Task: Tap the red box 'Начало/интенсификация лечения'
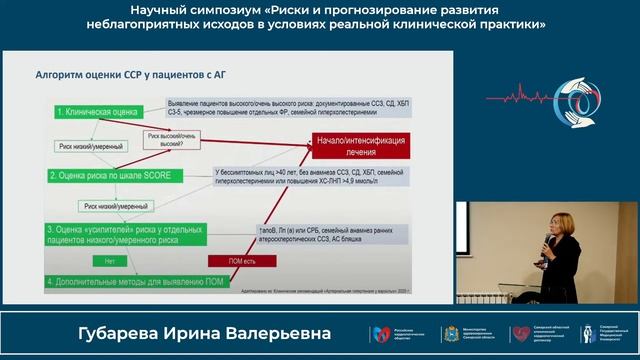360,144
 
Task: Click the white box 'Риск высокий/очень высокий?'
170,139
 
